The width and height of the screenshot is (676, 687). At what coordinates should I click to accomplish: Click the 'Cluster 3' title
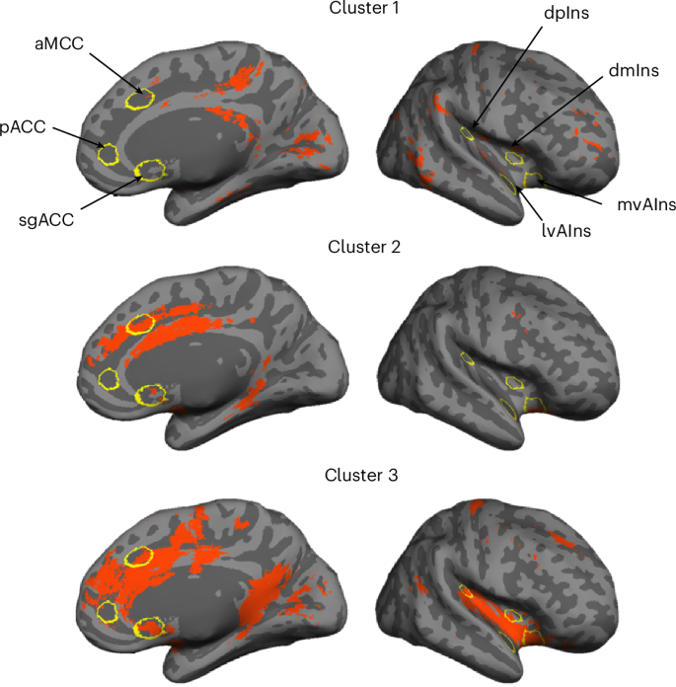coord(362,476)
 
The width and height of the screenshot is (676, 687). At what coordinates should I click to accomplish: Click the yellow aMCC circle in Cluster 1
coord(140,98)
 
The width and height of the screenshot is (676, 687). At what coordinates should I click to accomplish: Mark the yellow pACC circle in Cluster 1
coord(109,154)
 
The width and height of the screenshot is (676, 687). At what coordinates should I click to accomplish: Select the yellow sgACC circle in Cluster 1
coord(150,171)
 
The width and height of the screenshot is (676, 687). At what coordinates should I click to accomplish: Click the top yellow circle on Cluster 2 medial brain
coord(143,325)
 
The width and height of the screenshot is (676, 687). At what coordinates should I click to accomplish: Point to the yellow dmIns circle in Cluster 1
coord(513,157)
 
